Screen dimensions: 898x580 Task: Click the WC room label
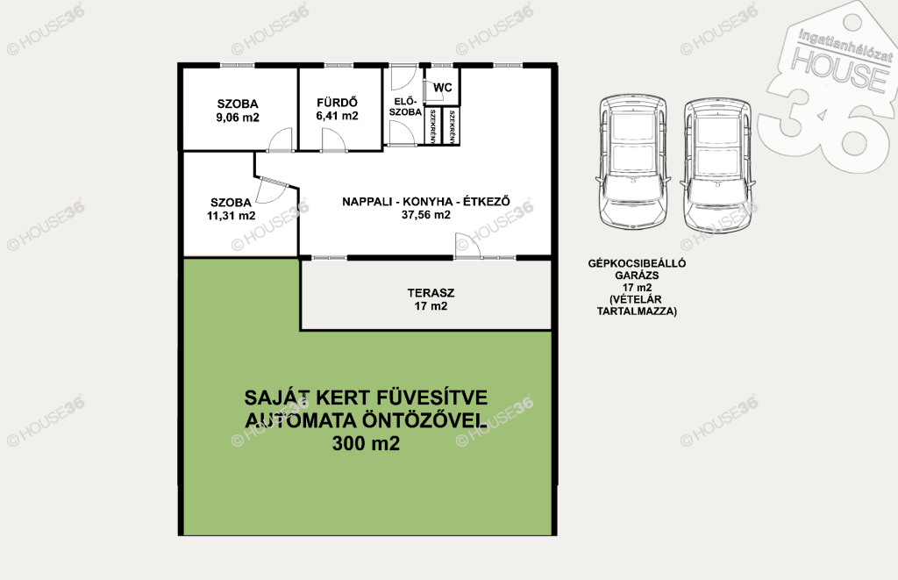coord(443,88)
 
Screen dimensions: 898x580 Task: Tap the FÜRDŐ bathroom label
coord(338,103)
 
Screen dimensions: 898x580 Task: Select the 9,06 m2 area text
coord(238,118)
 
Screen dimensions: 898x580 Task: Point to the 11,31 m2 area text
coord(232,216)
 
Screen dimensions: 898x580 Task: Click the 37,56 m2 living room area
coord(426,215)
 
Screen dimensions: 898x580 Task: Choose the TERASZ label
coord(431,293)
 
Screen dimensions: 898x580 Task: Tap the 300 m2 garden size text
coord(366,444)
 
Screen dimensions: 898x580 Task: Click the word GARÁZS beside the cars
coord(637,276)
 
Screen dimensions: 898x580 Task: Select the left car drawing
coord(633,162)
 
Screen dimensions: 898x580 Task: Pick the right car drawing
coord(717,165)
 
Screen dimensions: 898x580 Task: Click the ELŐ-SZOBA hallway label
coord(405,107)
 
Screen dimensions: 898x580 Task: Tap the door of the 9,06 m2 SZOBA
coord(281,140)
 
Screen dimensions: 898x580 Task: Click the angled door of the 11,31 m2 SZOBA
coord(272,190)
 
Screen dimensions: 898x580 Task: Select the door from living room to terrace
coord(468,246)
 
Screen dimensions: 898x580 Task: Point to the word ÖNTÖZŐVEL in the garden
coord(424,420)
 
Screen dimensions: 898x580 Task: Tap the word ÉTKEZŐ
coord(486,201)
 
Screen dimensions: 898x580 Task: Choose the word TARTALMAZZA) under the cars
coord(637,311)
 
